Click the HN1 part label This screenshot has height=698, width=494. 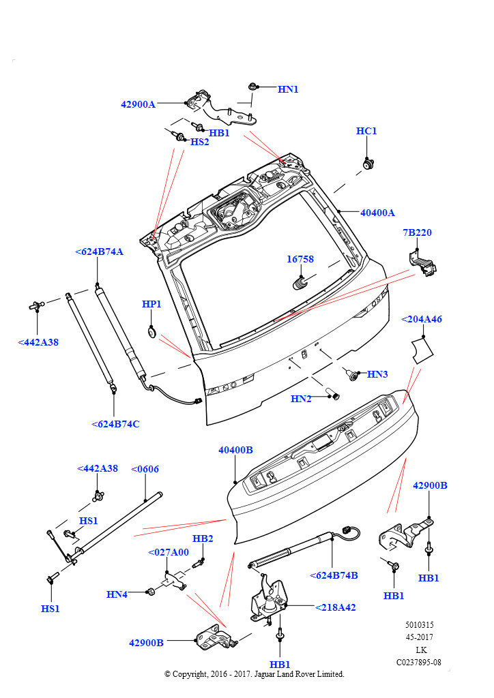(288, 89)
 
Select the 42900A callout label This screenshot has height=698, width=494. (138, 104)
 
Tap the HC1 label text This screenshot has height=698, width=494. (366, 131)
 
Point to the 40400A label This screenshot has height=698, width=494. (377, 213)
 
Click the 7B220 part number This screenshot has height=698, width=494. (417, 232)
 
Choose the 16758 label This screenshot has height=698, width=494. (300, 259)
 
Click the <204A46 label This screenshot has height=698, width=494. (422, 319)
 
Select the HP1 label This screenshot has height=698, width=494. (151, 304)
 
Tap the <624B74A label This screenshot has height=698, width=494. (99, 252)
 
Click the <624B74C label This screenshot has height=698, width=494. (115, 424)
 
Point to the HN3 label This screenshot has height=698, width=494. (377, 374)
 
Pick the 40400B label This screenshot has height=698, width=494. (235, 450)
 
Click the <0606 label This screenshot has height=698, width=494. (145, 469)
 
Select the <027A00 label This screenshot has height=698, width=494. (169, 552)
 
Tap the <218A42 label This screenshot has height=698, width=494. (335, 607)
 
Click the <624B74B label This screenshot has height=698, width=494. (334, 575)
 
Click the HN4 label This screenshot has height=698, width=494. (117, 594)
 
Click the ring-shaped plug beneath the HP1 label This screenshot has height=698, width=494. (151, 332)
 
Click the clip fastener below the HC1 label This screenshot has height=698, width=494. (368, 164)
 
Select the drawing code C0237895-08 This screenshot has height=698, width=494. (418, 662)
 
